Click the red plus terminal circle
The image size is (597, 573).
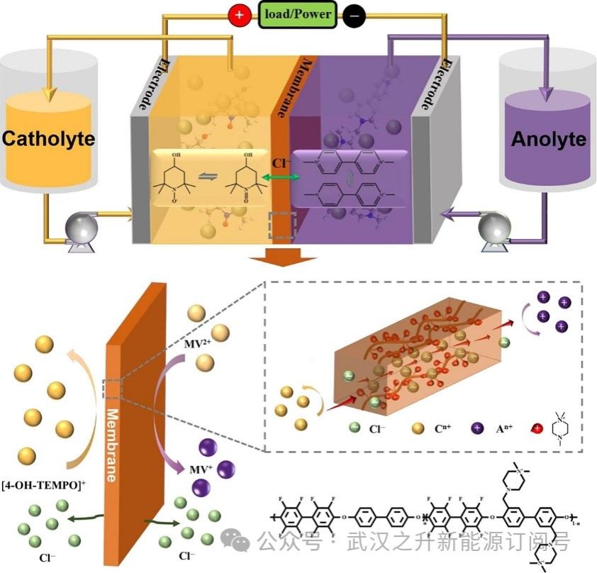pyautogui.click(x=238, y=15)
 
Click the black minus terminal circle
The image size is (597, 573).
pyautogui.click(x=354, y=15)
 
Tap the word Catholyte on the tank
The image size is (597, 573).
pyautogui.click(x=48, y=138)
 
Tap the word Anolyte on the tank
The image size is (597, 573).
pyautogui.click(x=549, y=139)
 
